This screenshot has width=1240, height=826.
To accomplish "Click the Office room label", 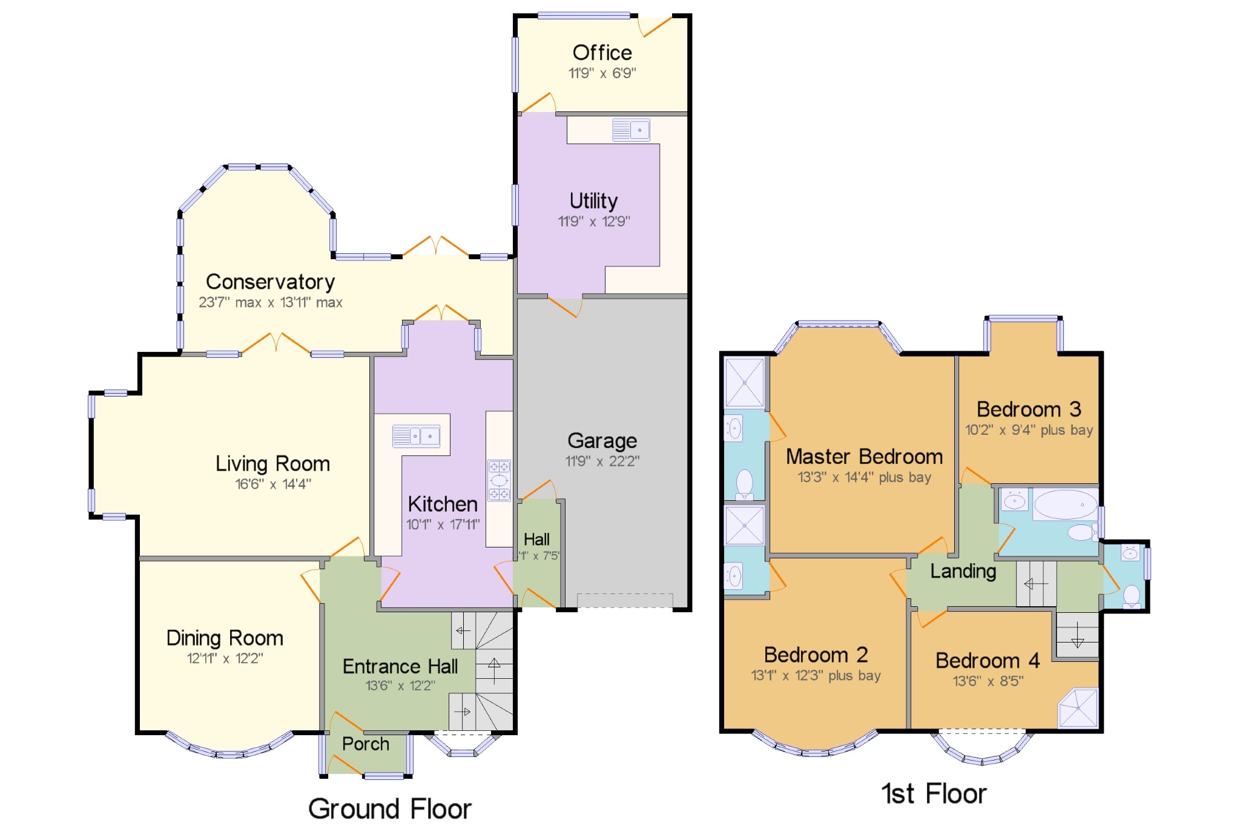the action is [x=602, y=53].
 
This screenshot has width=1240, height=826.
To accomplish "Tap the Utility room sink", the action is [x=631, y=130].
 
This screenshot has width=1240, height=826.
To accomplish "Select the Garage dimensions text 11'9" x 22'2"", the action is [x=602, y=461].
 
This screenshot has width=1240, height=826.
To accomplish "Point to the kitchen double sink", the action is [x=416, y=436].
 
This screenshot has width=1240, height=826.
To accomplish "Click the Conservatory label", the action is [x=270, y=282].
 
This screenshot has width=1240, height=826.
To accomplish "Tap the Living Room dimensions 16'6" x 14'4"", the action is [x=273, y=484].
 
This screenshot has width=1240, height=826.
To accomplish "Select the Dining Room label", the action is [x=225, y=638].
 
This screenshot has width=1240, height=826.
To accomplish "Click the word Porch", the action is [x=365, y=744].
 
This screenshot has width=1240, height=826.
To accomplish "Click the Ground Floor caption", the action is [x=390, y=809].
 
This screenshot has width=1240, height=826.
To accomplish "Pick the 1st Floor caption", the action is [x=934, y=794].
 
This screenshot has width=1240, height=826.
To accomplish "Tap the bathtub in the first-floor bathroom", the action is [x=1066, y=505].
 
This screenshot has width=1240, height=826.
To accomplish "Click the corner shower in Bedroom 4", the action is [x=1078, y=707].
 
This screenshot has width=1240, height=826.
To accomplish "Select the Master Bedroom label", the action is [x=864, y=457].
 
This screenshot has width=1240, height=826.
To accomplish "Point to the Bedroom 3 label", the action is [x=1029, y=409].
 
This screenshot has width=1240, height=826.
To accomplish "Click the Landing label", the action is [x=963, y=571].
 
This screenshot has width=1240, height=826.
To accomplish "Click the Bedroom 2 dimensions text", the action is [x=816, y=676].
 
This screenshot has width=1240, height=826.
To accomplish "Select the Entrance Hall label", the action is [x=400, y=666].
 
